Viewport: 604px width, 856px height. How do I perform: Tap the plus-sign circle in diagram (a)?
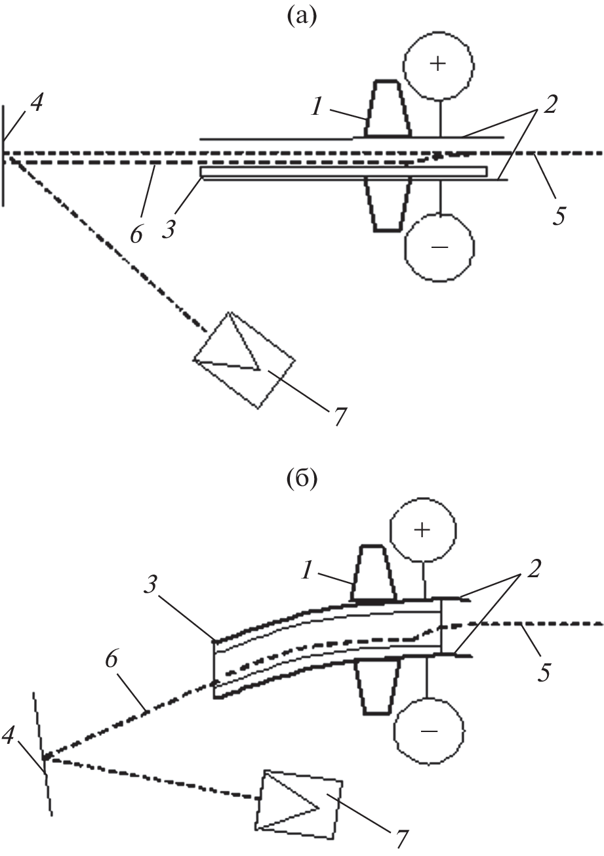(x=438, y=64)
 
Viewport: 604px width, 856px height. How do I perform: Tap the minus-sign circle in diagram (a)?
(x=438, y=247)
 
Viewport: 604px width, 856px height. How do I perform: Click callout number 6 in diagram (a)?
(x=136, y=233)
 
